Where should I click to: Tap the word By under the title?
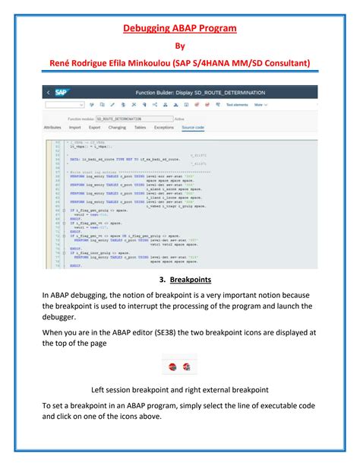tap(180, 46)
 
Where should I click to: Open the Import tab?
tap(74, 128)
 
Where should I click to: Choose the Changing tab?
tap(117, 128)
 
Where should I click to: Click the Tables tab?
tap(140, 128)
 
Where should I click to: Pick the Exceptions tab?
tap(164, 128)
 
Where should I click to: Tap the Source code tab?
tap(193, 128)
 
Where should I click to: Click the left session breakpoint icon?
tap(172, 367)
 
